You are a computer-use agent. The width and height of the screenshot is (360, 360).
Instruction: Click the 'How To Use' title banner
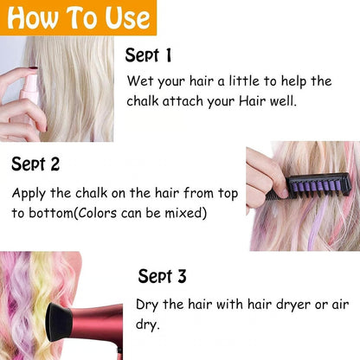[x=78, y=16]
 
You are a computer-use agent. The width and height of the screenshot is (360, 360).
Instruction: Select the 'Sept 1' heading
[x=148, y=56]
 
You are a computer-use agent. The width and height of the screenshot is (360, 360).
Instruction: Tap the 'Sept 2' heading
[x=35, y=163]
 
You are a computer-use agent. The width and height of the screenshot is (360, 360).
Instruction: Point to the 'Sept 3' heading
[x=162, y=276]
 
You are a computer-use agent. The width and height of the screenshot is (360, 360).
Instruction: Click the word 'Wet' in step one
[x=139, y=81]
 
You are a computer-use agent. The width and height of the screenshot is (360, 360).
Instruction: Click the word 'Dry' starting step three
[x=147, y=305]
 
